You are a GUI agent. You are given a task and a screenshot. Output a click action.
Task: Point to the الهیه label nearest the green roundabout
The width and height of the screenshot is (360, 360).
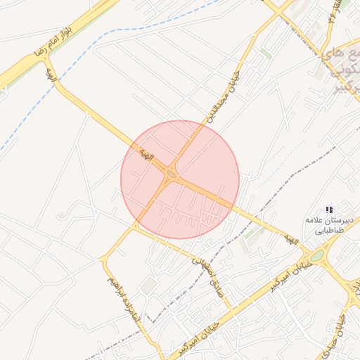[x=291, y=240]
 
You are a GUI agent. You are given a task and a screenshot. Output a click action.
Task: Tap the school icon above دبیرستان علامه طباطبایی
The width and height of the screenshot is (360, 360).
[x=329, y=210]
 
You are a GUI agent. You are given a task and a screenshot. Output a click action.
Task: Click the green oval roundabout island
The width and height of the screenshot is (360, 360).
[x=319, y=255]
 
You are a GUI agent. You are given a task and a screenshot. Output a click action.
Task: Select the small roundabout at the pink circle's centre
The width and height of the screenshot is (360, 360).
[x=172, y=174]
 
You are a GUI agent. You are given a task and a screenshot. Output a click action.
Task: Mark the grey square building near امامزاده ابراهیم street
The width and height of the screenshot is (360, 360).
[x=148, y=285]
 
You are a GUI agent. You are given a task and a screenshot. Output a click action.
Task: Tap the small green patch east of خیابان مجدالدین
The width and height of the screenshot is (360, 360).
[x=265, y=53]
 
